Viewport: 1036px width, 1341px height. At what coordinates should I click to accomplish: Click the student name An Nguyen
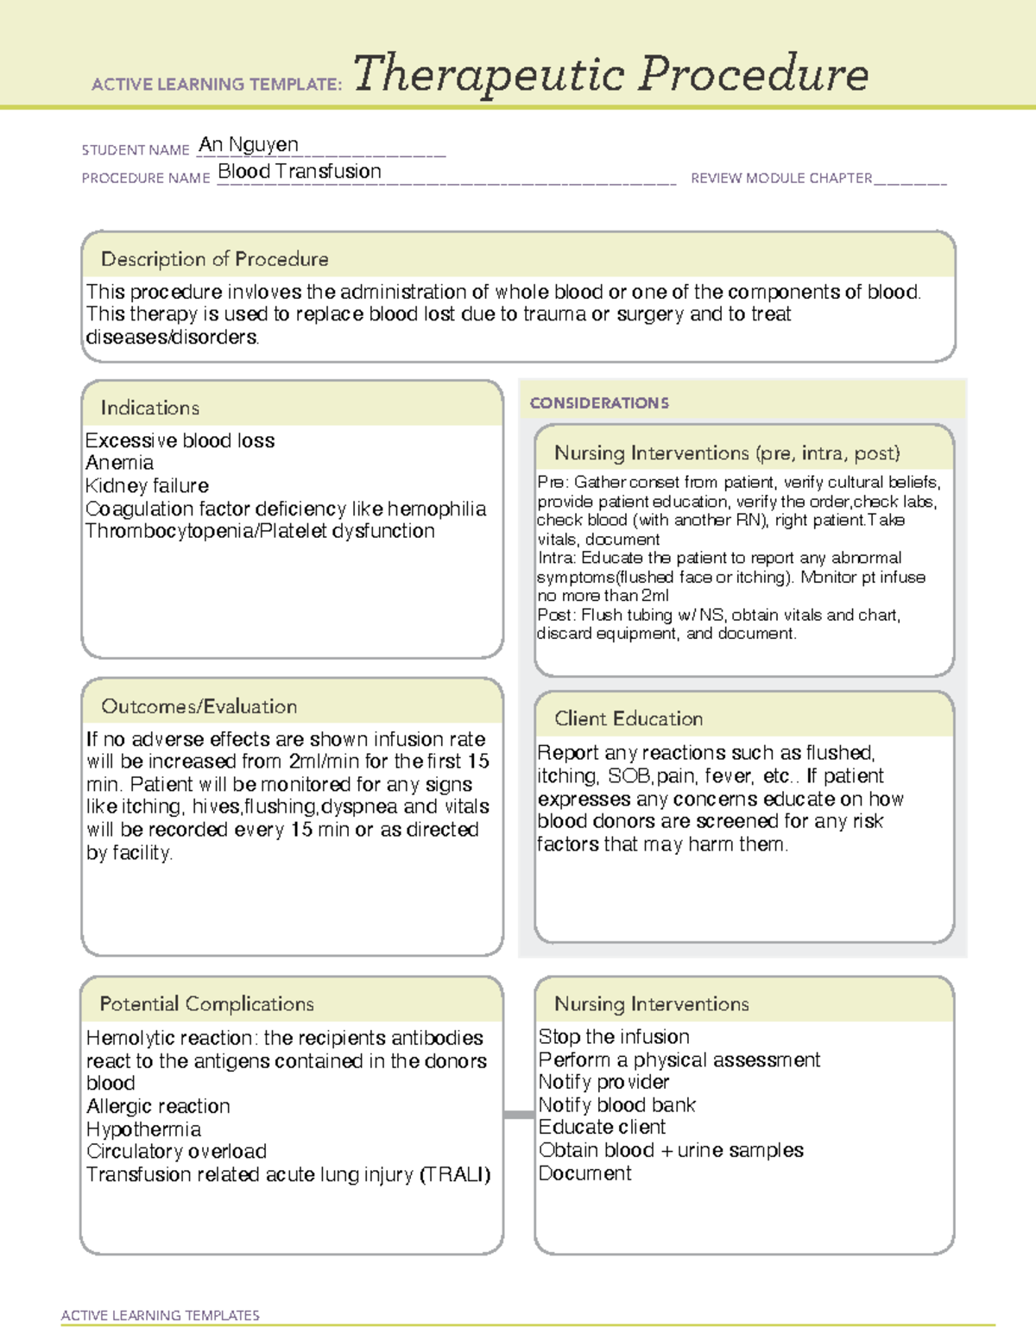tap(249, 145)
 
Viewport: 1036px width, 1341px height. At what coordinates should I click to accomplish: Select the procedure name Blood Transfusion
tap(299, 172)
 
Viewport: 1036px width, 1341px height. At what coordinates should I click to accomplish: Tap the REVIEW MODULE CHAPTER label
tap(780, 179)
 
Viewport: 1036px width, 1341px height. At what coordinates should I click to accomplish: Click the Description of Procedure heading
tap(214, 259)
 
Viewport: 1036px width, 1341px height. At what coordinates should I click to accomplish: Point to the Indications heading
tap(149, 408)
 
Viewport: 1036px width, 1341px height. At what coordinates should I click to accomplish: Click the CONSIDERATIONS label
tap(599, 403)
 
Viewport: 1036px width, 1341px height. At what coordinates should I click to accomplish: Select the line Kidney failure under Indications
tap(147, 486)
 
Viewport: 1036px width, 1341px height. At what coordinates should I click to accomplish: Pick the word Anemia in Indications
tap(119, 464)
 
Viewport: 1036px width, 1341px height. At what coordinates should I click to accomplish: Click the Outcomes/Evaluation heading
tap(199, 706)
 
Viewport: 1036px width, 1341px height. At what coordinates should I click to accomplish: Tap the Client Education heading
tap(628, 718)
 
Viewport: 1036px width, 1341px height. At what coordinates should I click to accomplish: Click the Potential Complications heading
tap(206, 1004)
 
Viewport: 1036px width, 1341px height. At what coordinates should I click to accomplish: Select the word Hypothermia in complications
tap(143, 1129)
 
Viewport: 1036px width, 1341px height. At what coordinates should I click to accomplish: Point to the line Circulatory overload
tap(176, 1152)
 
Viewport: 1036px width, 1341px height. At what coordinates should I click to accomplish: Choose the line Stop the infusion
tap(614, 1037)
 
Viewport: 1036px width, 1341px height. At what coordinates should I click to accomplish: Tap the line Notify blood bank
tap(616, 1105)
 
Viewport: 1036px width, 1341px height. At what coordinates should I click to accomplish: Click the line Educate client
tap(602, 1128)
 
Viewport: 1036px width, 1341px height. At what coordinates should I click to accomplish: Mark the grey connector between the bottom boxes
tap(518, 1115)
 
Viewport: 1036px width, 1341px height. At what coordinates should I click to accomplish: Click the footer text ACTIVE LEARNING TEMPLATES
tap(160, 1315)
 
